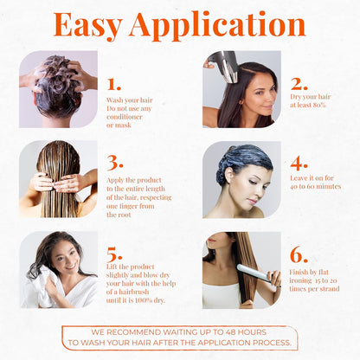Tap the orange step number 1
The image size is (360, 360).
tap(113, 84)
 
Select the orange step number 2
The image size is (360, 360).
tap(299, 84)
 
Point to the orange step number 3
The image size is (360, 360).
tap(114, 162)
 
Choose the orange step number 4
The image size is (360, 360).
tap(299, 162)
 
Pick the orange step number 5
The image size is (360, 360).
tap(114, 254)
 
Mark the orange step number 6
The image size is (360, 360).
tap(299, 254)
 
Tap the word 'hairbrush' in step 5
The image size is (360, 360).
tap(140, 292)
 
